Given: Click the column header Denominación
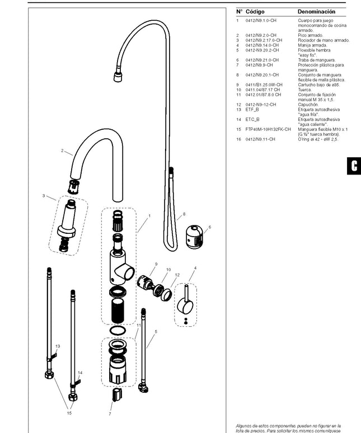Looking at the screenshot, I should coord(316,12).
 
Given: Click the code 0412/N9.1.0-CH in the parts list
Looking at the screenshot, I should coord(260,21).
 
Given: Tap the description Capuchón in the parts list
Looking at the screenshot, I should coord(308,104).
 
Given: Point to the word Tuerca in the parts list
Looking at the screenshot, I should coord(304,90).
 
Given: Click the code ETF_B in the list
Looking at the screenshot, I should coord(251,110).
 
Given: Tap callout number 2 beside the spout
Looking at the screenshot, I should coord(63,150).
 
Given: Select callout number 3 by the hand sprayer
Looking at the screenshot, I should coord(44,195).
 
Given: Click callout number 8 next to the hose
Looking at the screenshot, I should coord(184,214).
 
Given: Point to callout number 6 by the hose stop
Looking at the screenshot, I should coord(209,227).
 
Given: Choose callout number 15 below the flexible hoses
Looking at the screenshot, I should coord(70,413).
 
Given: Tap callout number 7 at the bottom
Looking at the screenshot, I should coord(110,415).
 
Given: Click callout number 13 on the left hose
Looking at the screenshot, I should coord(57,347).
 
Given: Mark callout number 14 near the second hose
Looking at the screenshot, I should coord(80,373).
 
